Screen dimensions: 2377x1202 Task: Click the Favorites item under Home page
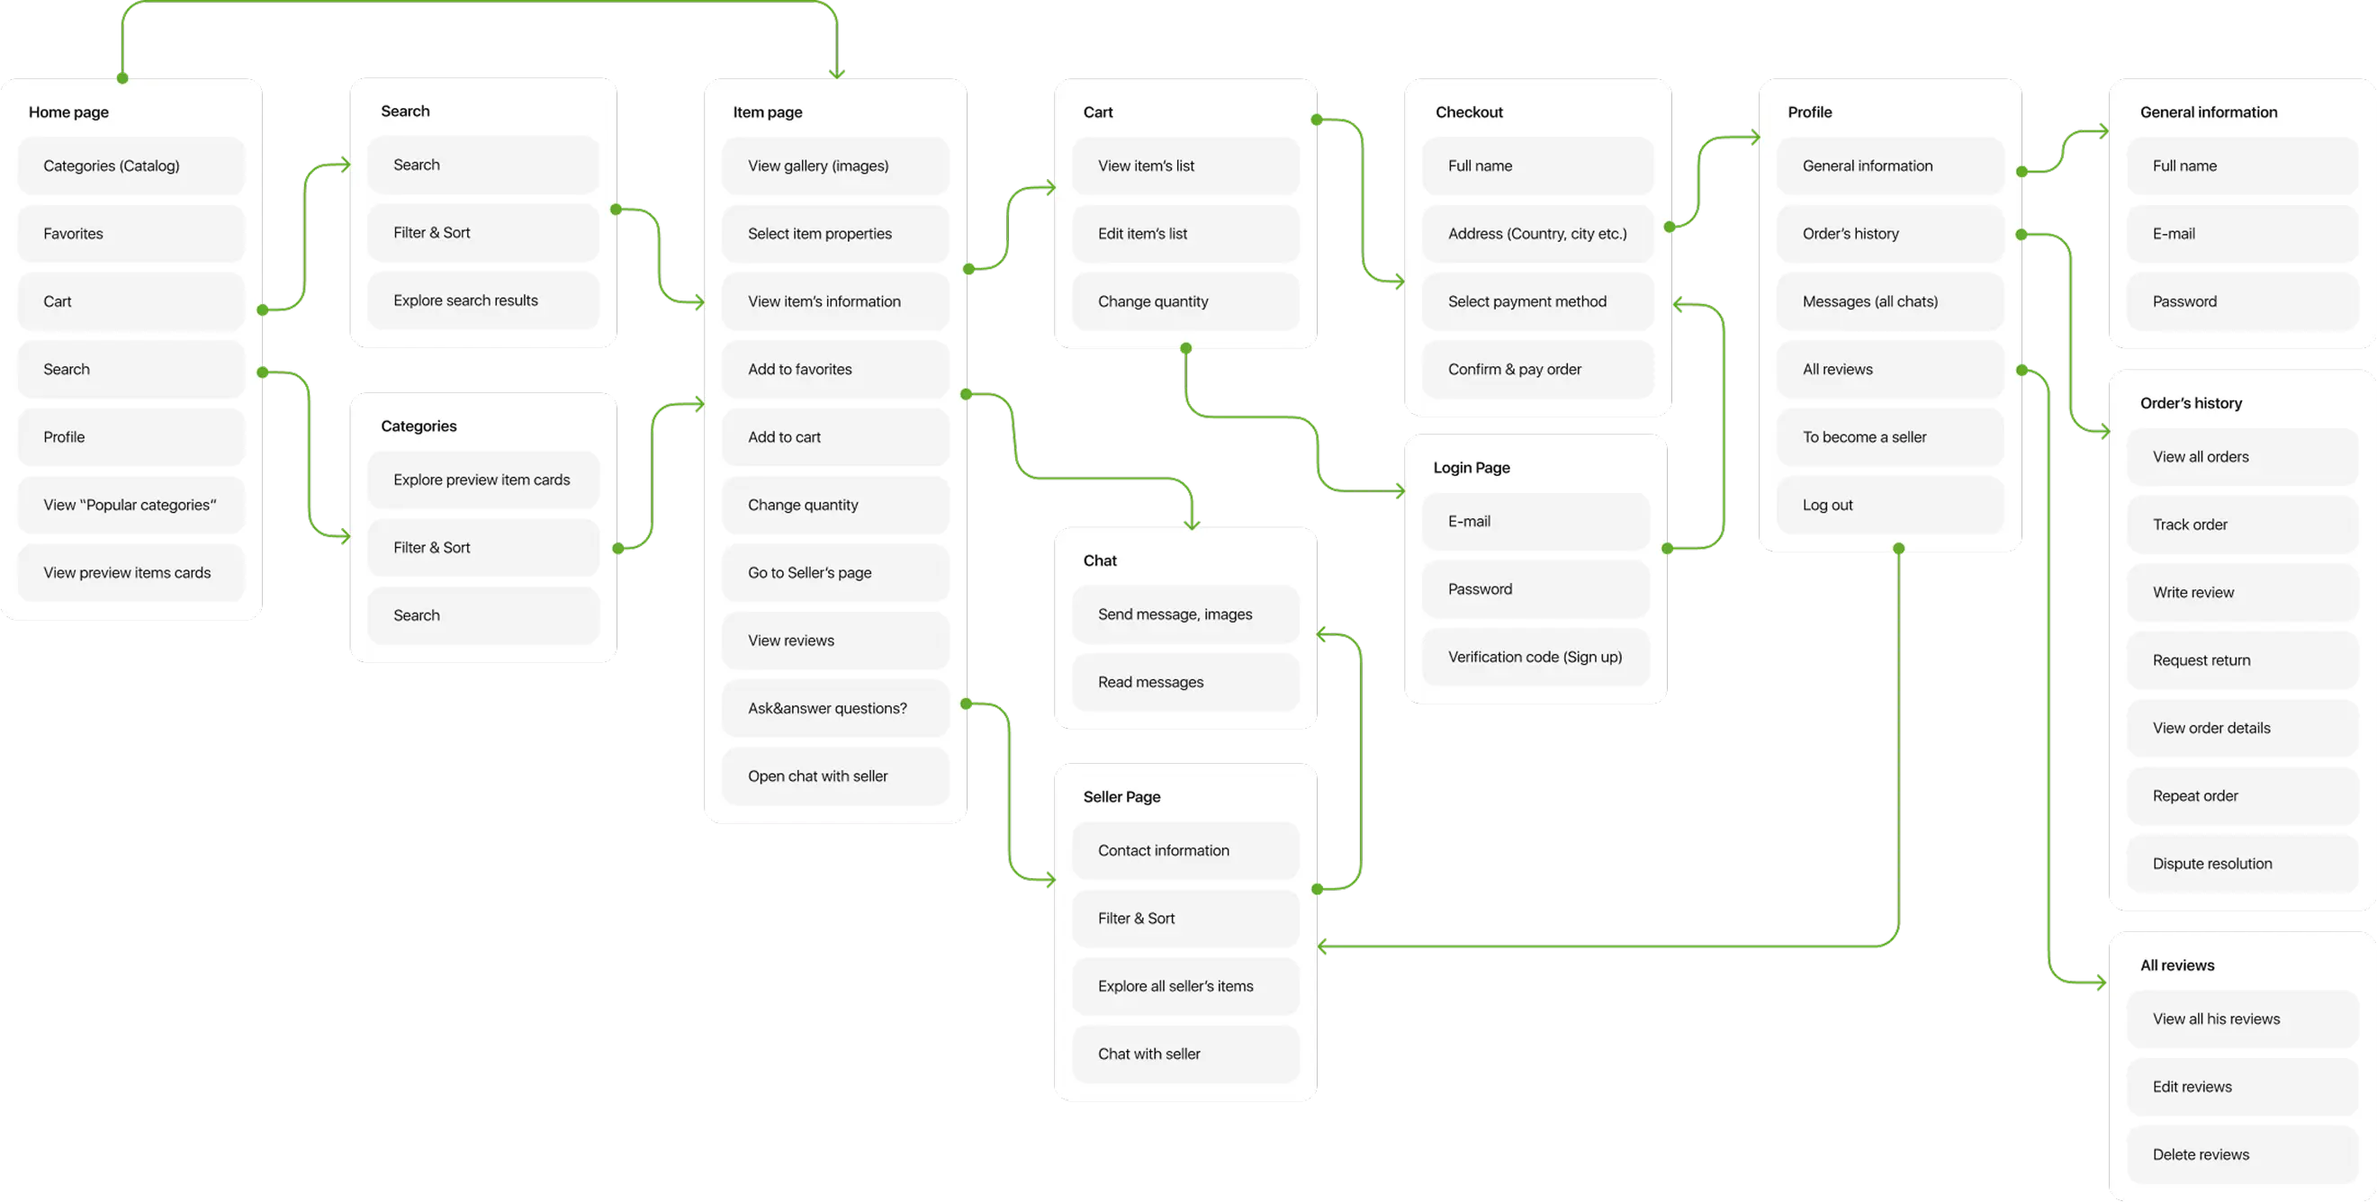[x=131, y=233]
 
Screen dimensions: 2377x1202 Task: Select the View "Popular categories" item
[x=131, y=505]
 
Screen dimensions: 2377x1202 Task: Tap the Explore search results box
[x=482, y=300]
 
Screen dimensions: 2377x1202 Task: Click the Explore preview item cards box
[x=482, y=480]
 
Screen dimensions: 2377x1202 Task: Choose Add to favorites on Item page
[x=835, y=369]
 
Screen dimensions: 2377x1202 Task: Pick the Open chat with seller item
[x=835, y=776]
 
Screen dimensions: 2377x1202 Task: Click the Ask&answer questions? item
[x=835, y=708]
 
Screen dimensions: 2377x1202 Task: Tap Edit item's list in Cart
[x=1184, y=233]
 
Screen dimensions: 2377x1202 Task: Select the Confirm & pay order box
[x=1537, y=369]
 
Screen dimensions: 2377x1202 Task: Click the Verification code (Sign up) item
[x=1535, y=657]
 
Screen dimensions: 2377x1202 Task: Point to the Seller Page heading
[x=1121, y=796]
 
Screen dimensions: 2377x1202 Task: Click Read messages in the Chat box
[x=1184, y=682]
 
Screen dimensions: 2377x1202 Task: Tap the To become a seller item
[x=1890, y=437]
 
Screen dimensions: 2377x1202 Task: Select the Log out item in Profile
[x=1890, y=505]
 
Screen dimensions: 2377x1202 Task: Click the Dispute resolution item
[x=2242, y=864]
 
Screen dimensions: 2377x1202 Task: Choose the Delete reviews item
[x=2242, y=1154]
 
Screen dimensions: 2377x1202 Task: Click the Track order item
[x=2242, y=525]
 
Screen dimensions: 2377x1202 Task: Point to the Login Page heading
[x=1471, y=468]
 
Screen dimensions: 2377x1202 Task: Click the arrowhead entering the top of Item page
[x=837, y=74]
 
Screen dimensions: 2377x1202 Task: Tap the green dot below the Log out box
[x=1898, y=549]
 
